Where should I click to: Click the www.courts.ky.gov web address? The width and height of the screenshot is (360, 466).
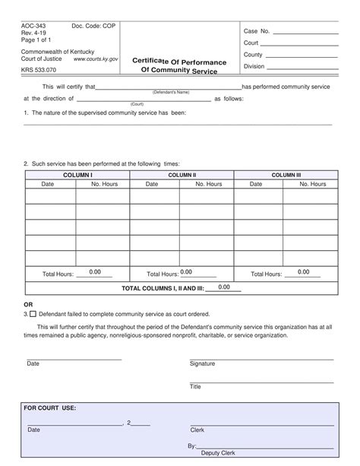pyautogui.click(x=95, y=59)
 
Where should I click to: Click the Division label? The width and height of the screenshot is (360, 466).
pyautogui.click(x=254, y=66)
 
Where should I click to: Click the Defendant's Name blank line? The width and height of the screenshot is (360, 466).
pyautogui.click(x=169, y=87)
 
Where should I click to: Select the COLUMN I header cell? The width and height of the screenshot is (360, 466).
pyautogui.click(x=77, y=174)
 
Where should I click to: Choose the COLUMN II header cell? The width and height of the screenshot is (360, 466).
pyautogui.click(x=182, y=174)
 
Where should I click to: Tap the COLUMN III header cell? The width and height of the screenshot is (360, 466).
pyautogui.click(x=286, y=174)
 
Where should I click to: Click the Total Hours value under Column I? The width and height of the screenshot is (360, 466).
pyautogui.click(x=95, y=272)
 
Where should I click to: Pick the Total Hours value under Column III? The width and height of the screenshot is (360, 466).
pyautogui.click(x=304, y=272)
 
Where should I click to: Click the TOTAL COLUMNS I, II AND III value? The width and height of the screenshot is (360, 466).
pyautogui.click(x=224, y=287)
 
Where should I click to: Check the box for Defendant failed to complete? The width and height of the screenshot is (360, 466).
pyautogui.click(x=33, y=313)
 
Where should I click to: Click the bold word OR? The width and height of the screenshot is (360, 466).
pyautogui.click(x=29, y=304)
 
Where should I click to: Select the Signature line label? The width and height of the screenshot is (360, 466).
pyautogui.click(x=202, y=363)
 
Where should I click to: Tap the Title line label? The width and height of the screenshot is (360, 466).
pyautogui.click(x=195, y=386)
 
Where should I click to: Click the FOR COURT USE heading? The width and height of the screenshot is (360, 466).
pyautogui.click(x=50, y=407)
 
